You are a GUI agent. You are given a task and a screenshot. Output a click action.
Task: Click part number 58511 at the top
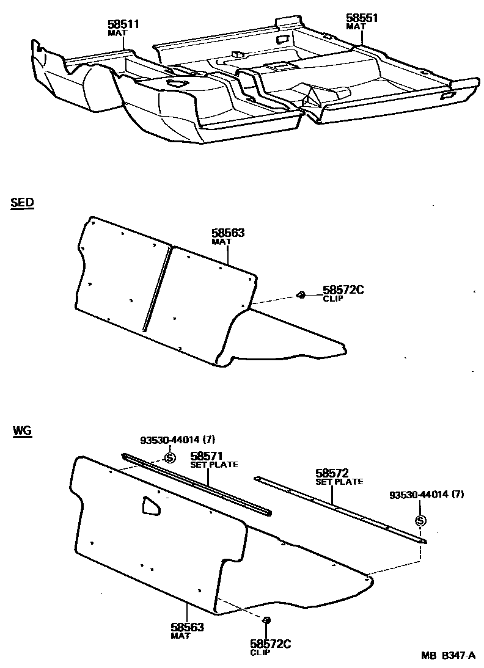click(x=125, y=24)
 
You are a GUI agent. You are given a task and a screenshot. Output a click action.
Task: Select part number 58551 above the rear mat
click(x=362, y=18)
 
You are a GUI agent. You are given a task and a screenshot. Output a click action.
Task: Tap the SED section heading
click(x=22, y=204)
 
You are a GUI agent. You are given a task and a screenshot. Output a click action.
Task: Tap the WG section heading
click(x=21, y=431)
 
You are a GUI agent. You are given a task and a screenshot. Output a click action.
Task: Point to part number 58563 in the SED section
click(x=228, y=233)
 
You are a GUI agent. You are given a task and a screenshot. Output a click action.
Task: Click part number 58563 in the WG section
click(x=187, y=627)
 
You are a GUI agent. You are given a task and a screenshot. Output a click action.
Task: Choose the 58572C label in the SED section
click(x=343, y=289)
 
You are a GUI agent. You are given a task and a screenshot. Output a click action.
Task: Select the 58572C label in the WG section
click(x=269, y=643)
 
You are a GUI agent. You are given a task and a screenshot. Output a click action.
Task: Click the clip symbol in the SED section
click(x=301, y=296)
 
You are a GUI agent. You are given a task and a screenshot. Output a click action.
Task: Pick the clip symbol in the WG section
click(x=266, y=620)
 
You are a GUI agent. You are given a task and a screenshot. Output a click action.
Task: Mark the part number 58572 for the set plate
click(x=332, y=473)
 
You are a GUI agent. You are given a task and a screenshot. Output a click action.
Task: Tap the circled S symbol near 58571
click(x=170, y=457)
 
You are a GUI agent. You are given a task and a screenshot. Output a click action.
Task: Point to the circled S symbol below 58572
click(x=420, y=521)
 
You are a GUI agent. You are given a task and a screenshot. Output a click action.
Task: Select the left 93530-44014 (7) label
click(x=178, y=440)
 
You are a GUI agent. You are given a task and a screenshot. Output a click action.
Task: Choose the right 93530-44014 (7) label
click(x=427, y=495)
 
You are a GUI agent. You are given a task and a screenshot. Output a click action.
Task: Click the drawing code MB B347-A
click(x=448, y=656)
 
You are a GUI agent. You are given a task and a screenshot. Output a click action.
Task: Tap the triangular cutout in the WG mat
click(x=150, y=505)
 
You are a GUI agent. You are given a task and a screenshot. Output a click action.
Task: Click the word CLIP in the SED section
click(x=333, y=299)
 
